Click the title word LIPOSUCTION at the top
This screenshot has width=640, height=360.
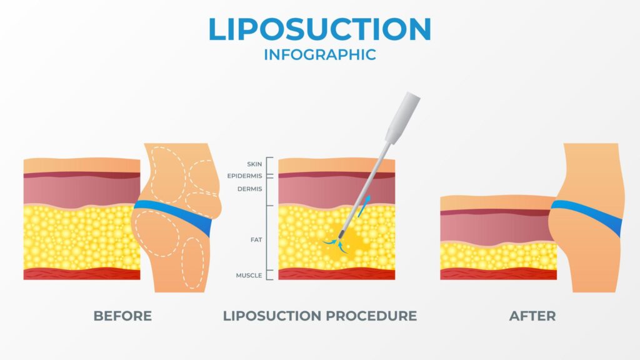(x=319, y=30)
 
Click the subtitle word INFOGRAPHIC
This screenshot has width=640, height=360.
(x=319, y=54)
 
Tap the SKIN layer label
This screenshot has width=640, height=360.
(x=254, y=164)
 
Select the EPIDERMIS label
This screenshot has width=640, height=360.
(x=246, y=176)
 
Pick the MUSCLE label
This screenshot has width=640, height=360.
(x=249, y=276)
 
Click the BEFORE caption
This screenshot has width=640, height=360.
(x=122, y=316)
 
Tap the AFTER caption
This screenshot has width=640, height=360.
(x=532, y=316)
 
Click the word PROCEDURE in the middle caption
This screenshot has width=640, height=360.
(x=371, y=316)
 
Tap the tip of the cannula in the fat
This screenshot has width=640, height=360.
(x=340, y=236)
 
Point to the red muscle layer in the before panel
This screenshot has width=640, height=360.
(x=81, y=274)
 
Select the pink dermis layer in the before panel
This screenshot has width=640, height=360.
(x=81, y=191)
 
